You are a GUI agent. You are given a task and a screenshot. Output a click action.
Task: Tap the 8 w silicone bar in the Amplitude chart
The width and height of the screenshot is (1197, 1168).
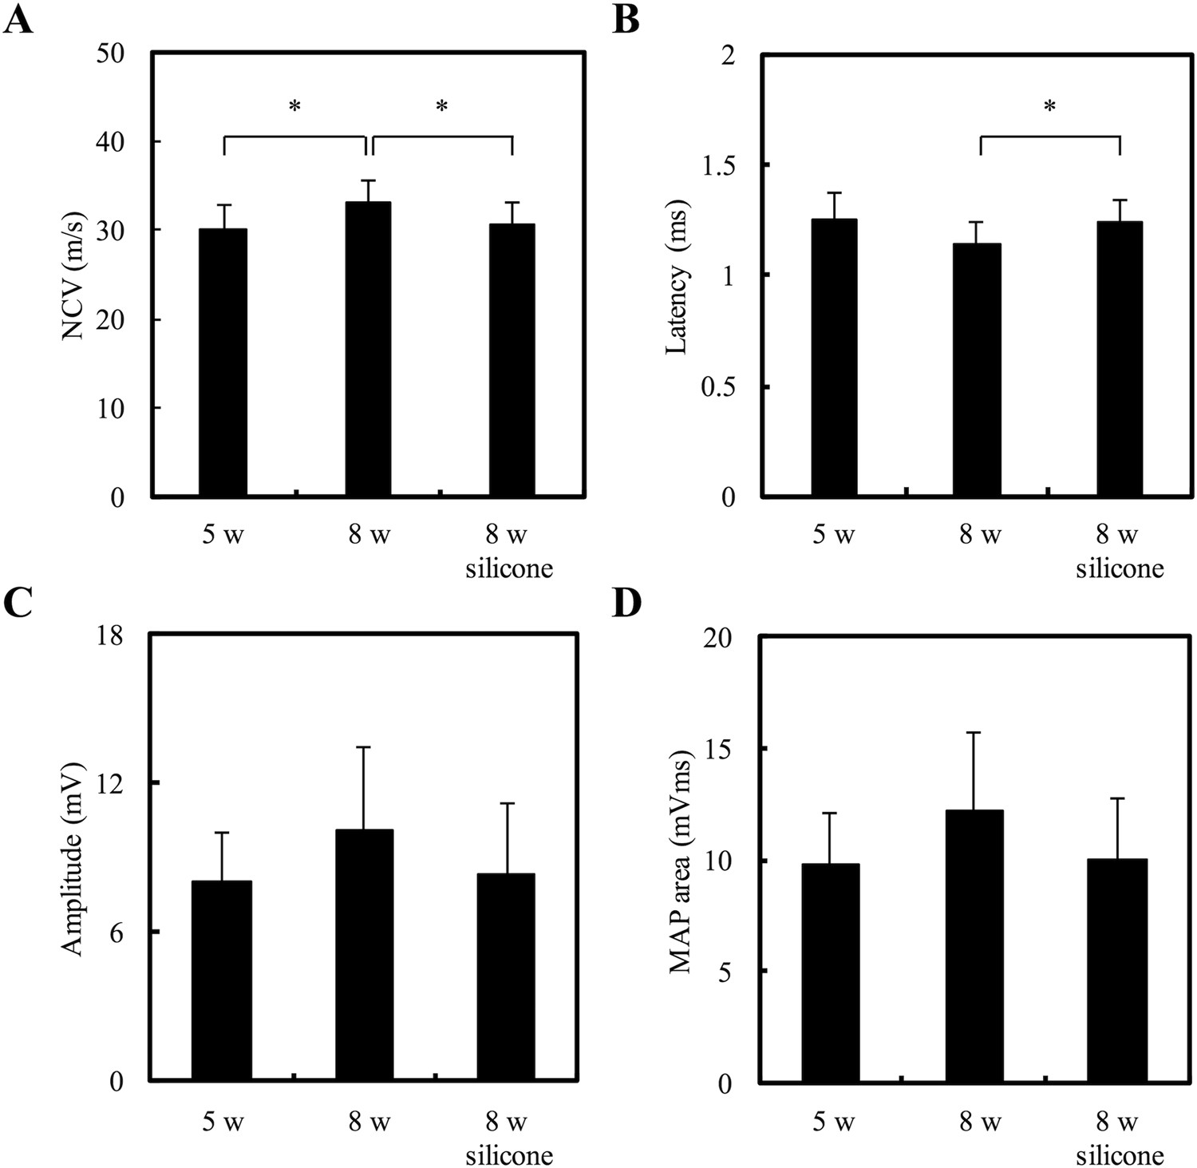click(x=506, y=977)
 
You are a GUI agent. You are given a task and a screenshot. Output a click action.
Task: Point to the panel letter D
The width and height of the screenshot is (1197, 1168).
click(x=626, y=604)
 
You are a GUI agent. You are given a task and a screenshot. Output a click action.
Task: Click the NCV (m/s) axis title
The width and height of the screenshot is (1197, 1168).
click(x=73, y=275)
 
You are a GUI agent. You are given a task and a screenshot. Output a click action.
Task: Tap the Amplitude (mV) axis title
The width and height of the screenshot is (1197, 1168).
click(x=73, y=858)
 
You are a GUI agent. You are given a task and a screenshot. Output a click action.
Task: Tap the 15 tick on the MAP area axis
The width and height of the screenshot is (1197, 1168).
click(x=723, y=749)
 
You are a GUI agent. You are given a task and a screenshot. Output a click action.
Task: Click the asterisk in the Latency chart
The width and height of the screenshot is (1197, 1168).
click(x=1049, y=107)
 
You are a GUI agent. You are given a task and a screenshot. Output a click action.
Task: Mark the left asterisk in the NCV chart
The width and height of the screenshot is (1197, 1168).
click(x=294, y=107)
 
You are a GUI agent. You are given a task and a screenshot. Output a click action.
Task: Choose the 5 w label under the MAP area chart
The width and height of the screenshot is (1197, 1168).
click(x=833, y=1122)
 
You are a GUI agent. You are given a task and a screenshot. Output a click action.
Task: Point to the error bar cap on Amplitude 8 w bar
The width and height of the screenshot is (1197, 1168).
click(x=364, y=747)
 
